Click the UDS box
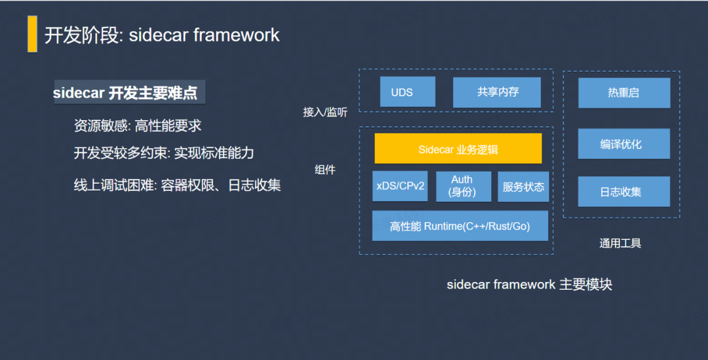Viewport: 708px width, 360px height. (407, 92)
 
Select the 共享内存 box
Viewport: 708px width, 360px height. (497, 92)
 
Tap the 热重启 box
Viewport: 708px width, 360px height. (624, 92)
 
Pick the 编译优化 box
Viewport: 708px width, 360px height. (624, 144)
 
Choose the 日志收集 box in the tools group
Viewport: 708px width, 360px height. (624, 191)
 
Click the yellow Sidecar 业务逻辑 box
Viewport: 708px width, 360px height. (458, 149)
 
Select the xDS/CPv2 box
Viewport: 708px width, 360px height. (400, 186)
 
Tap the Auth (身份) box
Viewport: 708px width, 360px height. (463, 186)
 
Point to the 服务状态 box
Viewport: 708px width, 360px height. (523, 186)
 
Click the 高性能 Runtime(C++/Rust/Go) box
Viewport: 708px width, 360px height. (460, 226)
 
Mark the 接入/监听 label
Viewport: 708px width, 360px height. (325, 112)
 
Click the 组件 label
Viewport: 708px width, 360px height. (325, 170)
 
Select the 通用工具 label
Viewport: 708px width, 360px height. (620, 243)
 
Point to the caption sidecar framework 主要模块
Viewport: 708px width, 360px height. (529, 285)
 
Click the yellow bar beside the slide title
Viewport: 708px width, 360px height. (32, 34)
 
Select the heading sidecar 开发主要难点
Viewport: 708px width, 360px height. (125, 92)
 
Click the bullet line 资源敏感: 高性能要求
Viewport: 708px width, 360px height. (137, 125)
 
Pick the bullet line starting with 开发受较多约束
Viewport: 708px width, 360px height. (163, 153)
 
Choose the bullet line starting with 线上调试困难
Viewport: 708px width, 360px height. (177, 185)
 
